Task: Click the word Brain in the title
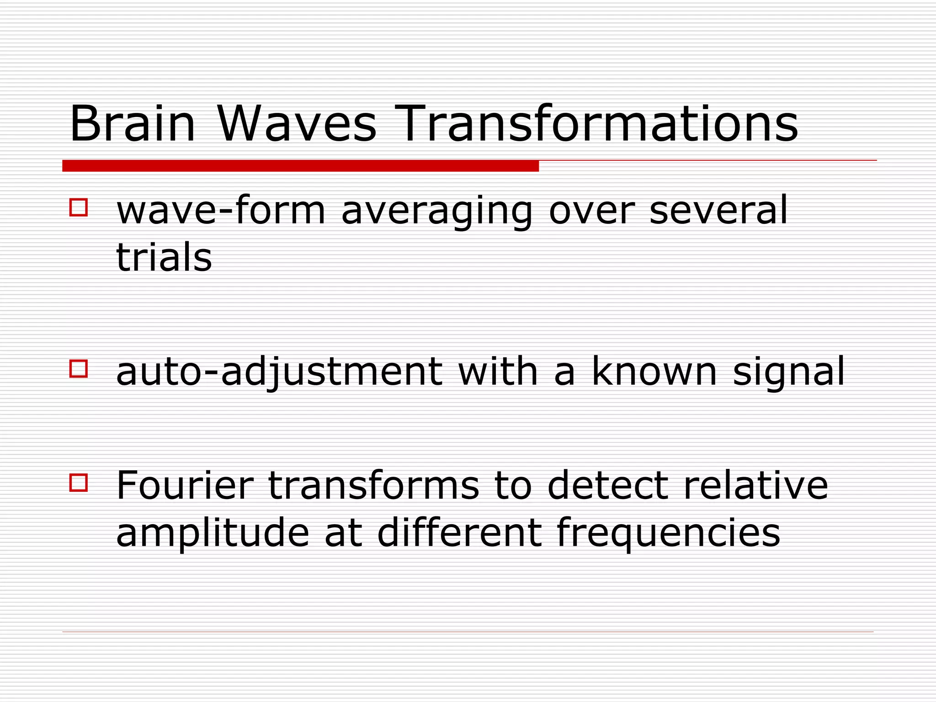pyautogui.click(x=133, y=124)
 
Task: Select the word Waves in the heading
pyautogui.click(x=297, y=124)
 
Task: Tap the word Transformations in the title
pyautogui.click(x=599, y=124)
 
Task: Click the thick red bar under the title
pyautogui.click(x=300, y=166)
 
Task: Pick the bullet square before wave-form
pyautogui.click(x=79, y=207)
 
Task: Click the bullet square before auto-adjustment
pyautogui.click(x=79, y=368)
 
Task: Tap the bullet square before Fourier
pyautogui.click(x=79, y=483)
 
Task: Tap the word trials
pyautogui.click(x=164, y=257)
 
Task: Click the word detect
pyautogui.click(x=608, y=485)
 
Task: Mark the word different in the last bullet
pyautogui.click(x=459, y=532)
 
